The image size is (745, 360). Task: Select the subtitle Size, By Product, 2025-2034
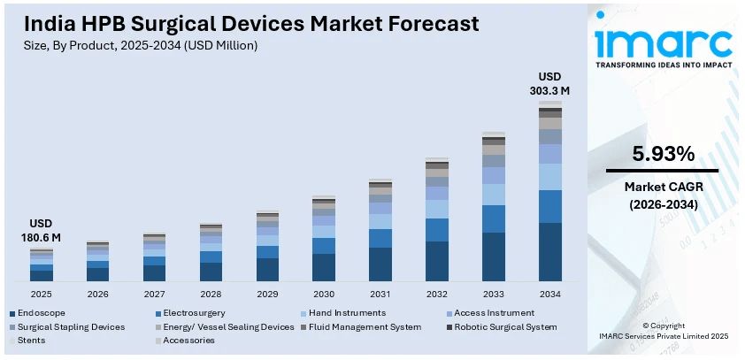point(142,45)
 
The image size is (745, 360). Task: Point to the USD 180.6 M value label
point(41,230)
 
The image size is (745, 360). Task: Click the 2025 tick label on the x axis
point(41,294)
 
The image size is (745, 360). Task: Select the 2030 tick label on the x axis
point(324,294)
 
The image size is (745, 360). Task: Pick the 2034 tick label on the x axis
point(550,294)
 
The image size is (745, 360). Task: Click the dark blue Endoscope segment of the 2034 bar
point(550,252)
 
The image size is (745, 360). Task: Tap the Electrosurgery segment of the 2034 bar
point(550,206)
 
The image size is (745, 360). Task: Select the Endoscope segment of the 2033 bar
point(494,257)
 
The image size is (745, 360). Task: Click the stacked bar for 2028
point(211,253)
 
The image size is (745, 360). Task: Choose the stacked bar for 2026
point(97,262)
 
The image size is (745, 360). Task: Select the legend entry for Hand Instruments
point(346,313)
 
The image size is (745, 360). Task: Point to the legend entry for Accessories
point(185,340)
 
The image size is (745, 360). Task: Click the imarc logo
point(663,42)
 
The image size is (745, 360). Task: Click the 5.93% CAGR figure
point(662,154)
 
